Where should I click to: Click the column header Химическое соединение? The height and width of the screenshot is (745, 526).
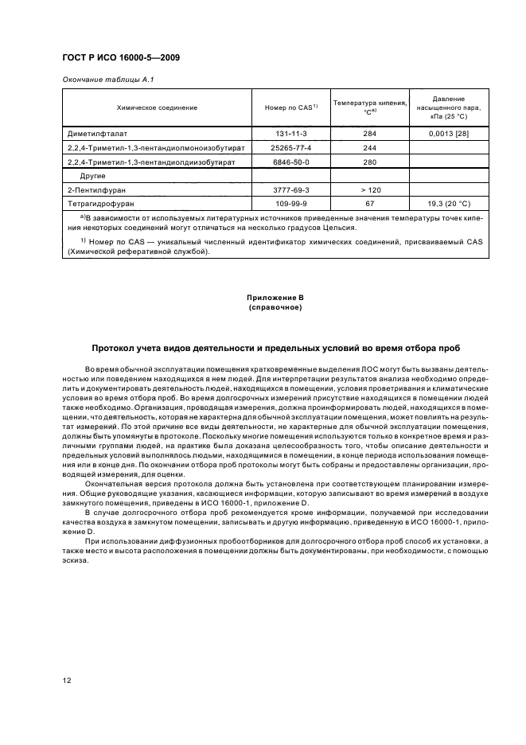157,107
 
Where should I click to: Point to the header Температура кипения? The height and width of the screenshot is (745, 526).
369,103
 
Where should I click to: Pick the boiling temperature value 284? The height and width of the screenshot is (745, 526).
369,134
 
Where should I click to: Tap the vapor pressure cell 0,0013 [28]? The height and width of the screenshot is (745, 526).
448,134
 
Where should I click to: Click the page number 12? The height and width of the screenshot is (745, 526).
67,680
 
